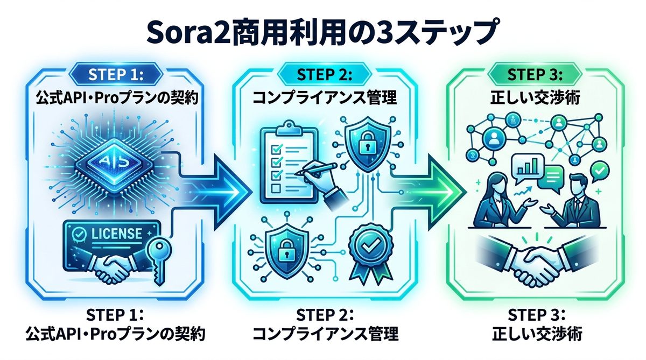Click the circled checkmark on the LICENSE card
[79, 234]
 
